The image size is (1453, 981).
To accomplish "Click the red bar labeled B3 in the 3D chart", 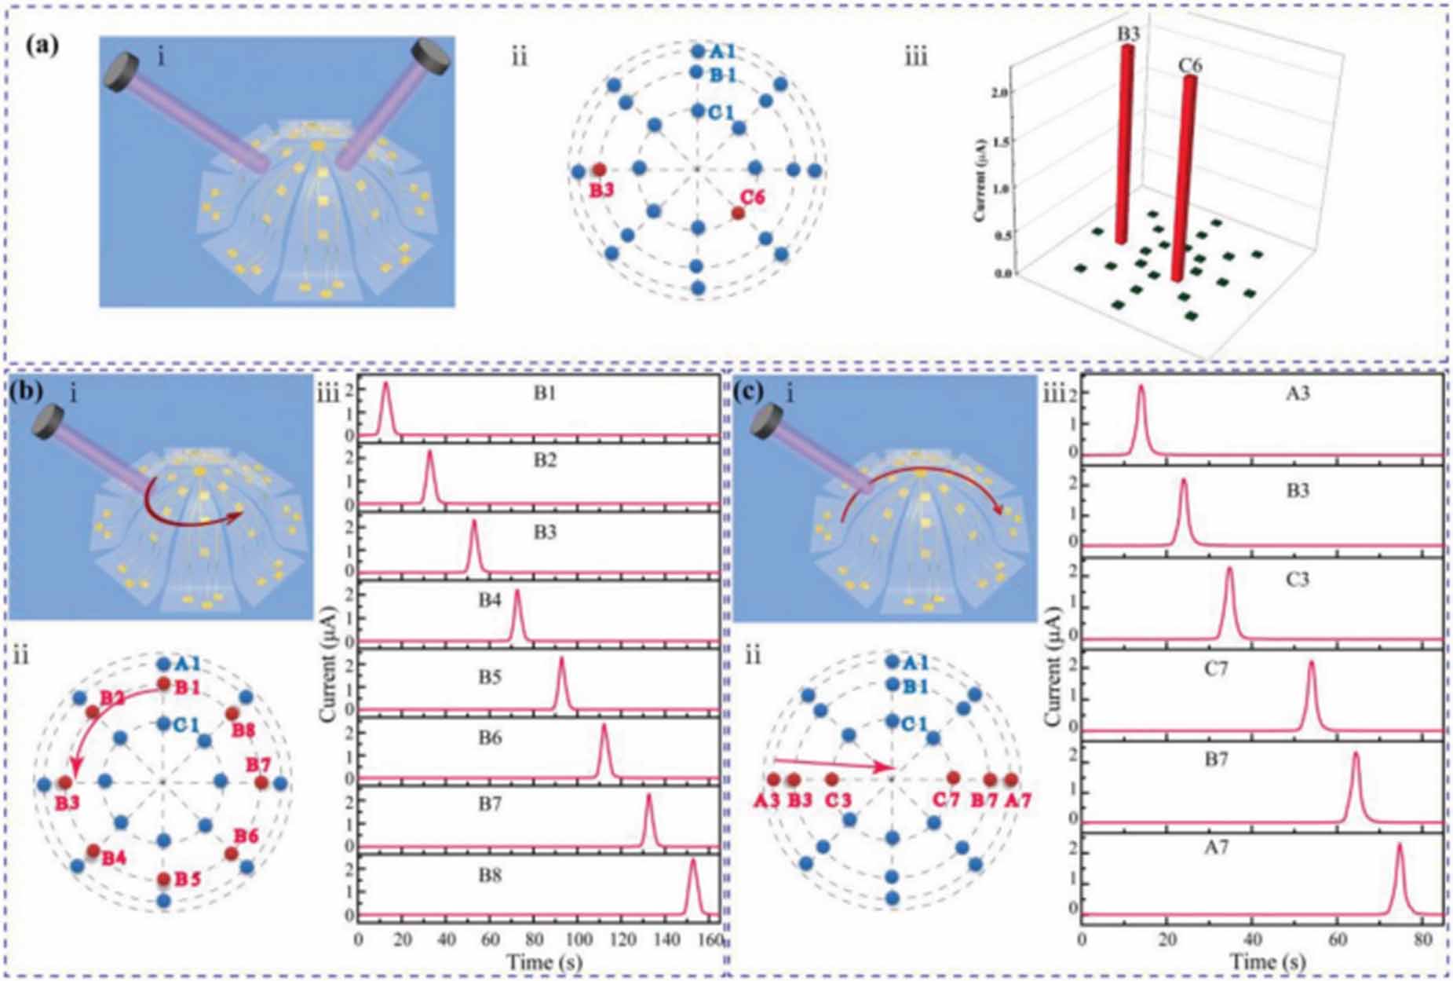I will (1124, 141).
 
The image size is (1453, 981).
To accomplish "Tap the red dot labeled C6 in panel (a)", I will (738, 213).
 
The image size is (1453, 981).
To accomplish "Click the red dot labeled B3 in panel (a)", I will (599, 169).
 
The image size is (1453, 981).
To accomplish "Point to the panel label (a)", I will (41, 45).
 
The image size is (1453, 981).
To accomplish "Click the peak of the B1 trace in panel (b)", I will (385, 385).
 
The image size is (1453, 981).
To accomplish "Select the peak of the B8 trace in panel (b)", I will (692, 862).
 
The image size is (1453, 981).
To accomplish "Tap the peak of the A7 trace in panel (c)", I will (1399, 847).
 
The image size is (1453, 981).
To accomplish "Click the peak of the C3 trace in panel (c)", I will (1229, 570).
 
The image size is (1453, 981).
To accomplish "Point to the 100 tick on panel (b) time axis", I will (579, 939).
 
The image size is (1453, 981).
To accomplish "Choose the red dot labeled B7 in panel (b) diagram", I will (261, 783).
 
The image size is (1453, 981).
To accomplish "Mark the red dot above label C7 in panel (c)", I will (953, 778).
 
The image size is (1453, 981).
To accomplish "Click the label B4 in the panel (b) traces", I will (490, 600).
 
